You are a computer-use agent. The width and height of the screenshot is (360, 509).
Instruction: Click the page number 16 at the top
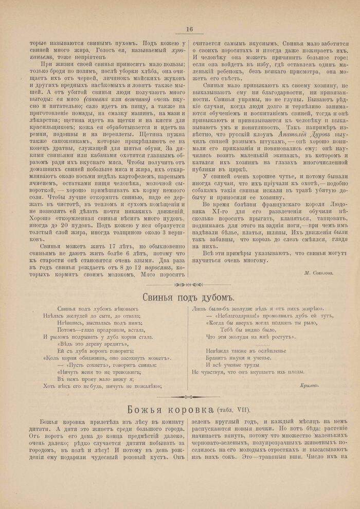click(189, 29)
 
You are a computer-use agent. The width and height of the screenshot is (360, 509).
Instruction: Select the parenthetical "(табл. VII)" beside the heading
click(233, 410)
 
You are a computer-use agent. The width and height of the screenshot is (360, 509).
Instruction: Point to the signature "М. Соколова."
click(318, 273)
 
